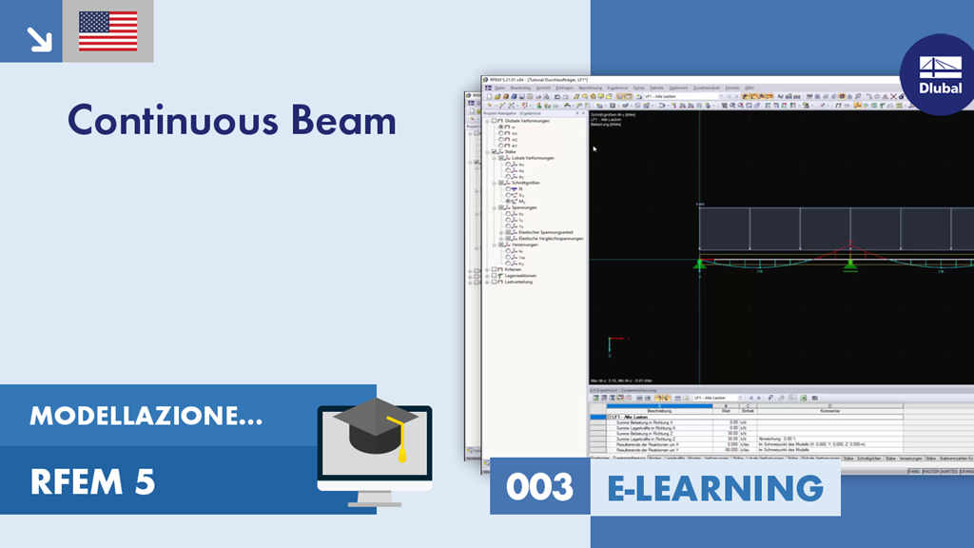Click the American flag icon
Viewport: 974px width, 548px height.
107,31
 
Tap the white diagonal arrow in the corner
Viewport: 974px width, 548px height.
39,38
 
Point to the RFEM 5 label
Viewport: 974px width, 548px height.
92,482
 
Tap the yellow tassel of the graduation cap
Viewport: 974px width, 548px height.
402,445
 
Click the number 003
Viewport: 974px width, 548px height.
539,487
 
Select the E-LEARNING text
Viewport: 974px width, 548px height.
714,487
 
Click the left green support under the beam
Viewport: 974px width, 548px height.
699,264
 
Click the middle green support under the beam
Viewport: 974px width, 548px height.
848,264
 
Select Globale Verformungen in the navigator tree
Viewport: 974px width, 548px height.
525,121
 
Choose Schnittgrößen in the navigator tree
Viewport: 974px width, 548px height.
525,183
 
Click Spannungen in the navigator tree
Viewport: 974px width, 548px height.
524,207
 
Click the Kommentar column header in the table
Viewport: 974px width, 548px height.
828,410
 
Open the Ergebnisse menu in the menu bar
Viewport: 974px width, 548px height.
617,88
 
